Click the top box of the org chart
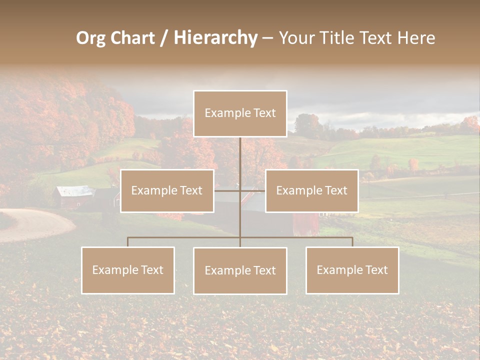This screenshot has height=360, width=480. click(240, 113)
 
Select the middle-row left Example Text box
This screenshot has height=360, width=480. click(167, 191)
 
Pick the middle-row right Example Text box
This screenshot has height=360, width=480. click(311, 191)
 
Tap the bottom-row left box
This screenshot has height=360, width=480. click(128, 270)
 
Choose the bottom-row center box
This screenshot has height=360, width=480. click(240, 271)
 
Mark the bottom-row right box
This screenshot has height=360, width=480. click(352, 270)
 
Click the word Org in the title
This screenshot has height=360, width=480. click(90, 38)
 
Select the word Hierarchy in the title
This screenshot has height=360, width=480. click(215, 38)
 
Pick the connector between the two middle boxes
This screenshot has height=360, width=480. click(239, 190)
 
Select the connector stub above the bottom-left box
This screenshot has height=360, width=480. click(128, 242)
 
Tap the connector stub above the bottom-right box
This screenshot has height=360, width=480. click(352, 242)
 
